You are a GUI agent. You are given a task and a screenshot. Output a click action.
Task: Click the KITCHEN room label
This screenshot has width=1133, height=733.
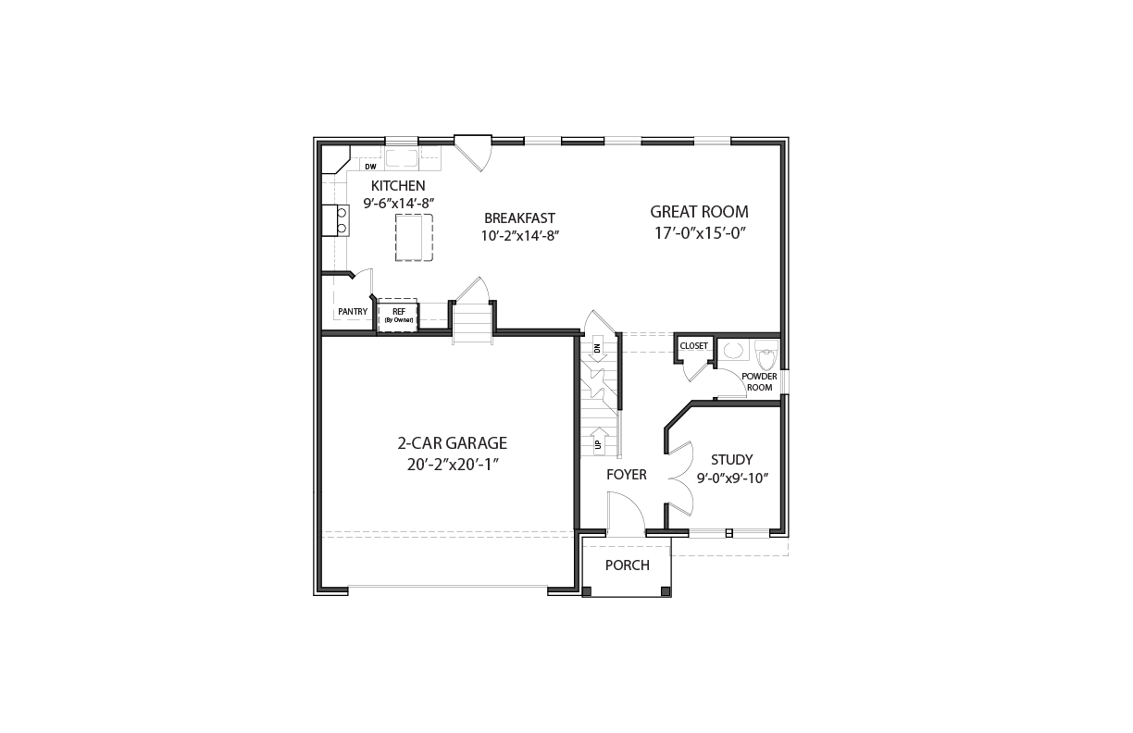pyautogui.click(x=398, y=186)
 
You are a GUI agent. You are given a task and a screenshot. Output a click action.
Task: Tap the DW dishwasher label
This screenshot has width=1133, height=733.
pyautogui.click(x=371, y=167)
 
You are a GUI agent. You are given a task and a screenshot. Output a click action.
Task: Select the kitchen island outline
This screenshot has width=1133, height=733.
pyautogui.click(x=414, y=237)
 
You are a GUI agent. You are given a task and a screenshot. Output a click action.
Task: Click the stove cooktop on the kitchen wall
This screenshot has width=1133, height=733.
pyautogui.click(x=336, y=220)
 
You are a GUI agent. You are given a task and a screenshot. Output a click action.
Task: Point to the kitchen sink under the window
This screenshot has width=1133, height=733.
pyautogui.click(x=402, y=158)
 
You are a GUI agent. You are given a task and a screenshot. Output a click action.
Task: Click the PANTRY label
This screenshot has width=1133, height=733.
pyautogui.click(x=353, y=312)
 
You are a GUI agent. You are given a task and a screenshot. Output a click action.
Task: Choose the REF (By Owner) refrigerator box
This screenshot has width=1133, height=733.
pyautogui.click(x=398, y=316)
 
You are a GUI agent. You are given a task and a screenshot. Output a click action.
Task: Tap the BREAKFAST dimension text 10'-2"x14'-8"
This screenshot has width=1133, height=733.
pyautogui.click(x=519, y=236)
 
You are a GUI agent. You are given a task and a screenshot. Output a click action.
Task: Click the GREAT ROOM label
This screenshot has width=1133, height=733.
pyautogui.click(x=699, y=211)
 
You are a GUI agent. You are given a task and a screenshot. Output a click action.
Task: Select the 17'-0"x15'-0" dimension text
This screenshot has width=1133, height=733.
pyautogui.click(x=701, y=233)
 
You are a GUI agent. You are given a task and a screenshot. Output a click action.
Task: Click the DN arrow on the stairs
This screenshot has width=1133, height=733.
pyautogui.click(x=598, y=349)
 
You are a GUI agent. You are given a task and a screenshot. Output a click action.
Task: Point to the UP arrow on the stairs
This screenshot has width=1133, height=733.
pyautogui.click(x=598, y=441)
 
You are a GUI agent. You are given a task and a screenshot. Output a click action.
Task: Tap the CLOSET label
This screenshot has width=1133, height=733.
pyautogui.click(x=694, y=346)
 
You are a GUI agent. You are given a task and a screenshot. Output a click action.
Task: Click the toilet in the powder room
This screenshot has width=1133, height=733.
pyautogui.click(x=766, y=355)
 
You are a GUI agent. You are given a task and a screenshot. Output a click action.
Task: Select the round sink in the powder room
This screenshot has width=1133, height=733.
pyautogui.click(x=734, y=350)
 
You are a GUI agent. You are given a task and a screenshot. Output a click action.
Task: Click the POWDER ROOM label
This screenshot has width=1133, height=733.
pyautogui.click(x=759, y=382)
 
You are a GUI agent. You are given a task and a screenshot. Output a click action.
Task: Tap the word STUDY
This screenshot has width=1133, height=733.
pyautogui.click(x=732, y=460)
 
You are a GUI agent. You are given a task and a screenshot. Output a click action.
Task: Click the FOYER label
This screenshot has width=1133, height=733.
pyautogui.click(x=627, y=475)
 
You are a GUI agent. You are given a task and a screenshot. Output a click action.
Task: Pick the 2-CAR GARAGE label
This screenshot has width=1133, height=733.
pyautogui.click(x=453, y=443)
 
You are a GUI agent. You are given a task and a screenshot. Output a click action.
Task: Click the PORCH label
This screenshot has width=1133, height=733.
pyautogui.click(x=628, y=565)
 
